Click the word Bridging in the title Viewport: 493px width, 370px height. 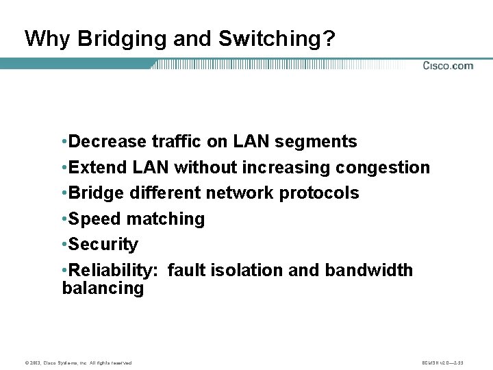click(122, 39)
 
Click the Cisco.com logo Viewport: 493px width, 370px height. click(448, 66)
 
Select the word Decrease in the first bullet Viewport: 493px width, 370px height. click(108, 142)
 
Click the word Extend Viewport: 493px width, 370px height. click(94, 168)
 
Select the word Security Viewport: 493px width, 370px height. click(103, 245)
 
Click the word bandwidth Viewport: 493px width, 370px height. click(369, 271)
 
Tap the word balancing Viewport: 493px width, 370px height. click(103, 288)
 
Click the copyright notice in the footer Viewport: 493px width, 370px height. click(76, 362)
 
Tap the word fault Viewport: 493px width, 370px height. click(184, 271)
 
